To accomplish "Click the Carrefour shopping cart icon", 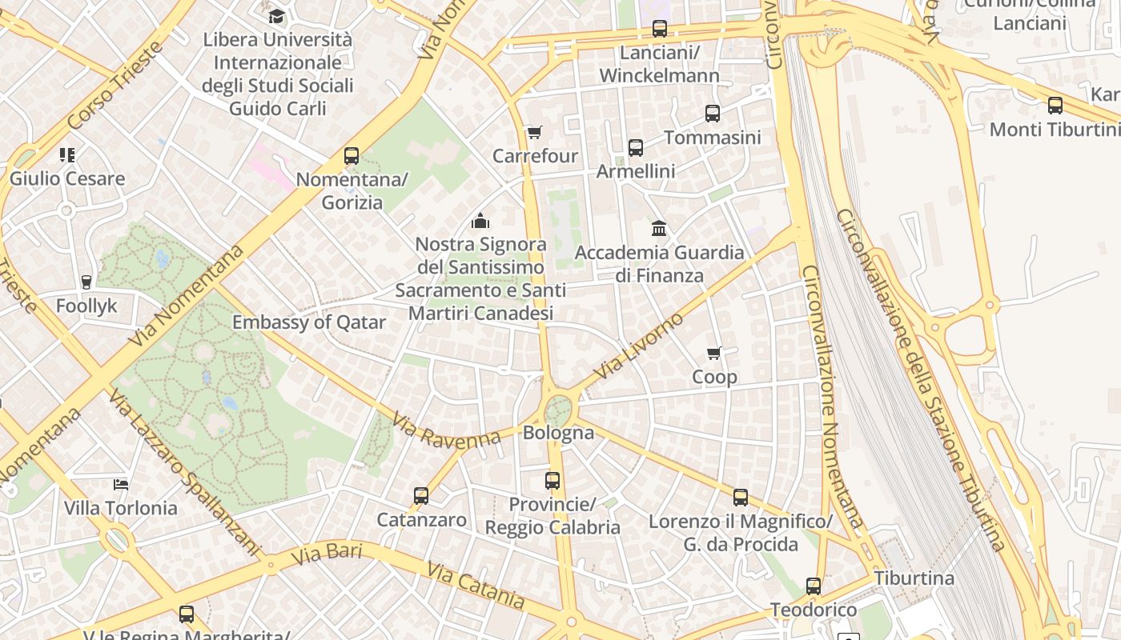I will pyautogui.click(x=534, y=132).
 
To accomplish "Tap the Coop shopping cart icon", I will pyautogui.click(x=714, y=353).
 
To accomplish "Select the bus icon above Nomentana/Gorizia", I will pyautogui.click(x=352, y=156).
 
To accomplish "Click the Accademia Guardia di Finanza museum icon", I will pyautogui.click(x=659, y=229).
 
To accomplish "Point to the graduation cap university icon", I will pyautogui.click(x=276, y=16).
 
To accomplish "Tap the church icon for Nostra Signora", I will pyautogui.click(x=480, y=220).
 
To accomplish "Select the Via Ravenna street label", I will pyautogui.click(x=446, y=430).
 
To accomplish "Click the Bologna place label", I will pyautogui.click(x=558, y=434).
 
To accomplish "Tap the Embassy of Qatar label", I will pyautogui.click(x=309, y=322).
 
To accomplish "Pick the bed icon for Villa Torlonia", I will pyautogui.click(x=120, y=485).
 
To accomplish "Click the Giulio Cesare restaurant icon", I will pyautogui.click(x=67, y=154).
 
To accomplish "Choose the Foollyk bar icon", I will pyautogui.click(x=86, y=282).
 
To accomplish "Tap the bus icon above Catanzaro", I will pyautogui.click(x=421, y=496).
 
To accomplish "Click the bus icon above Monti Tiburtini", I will pyautogui.click(x=1055, y=106).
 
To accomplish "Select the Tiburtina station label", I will pyautogui.click(x=914, y=578).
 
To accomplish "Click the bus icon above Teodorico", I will pyautogui.click(x=814, y=586).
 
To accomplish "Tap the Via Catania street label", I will pyautogui.click(x=476, y=585).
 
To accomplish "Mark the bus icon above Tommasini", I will pyautogui.click(x=713, y=114).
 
